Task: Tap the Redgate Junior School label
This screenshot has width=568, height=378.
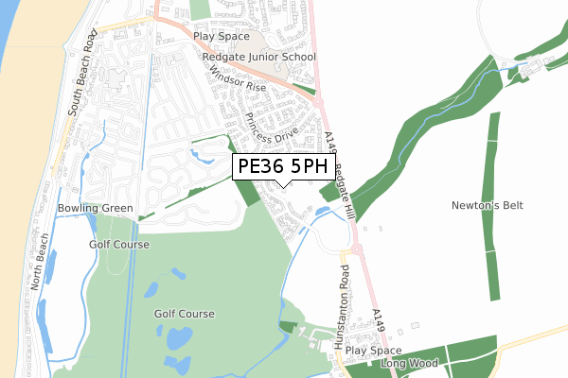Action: [x=258, y=57]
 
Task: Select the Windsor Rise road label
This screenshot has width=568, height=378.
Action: [x=238, y=77]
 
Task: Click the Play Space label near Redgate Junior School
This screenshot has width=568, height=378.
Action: [x=221, y=37]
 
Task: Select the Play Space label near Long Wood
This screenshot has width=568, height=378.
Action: [x=373, y=350]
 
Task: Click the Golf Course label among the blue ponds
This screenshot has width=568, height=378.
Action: [x=185, y=314]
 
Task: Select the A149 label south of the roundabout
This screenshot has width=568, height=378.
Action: [x=380, y=321]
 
